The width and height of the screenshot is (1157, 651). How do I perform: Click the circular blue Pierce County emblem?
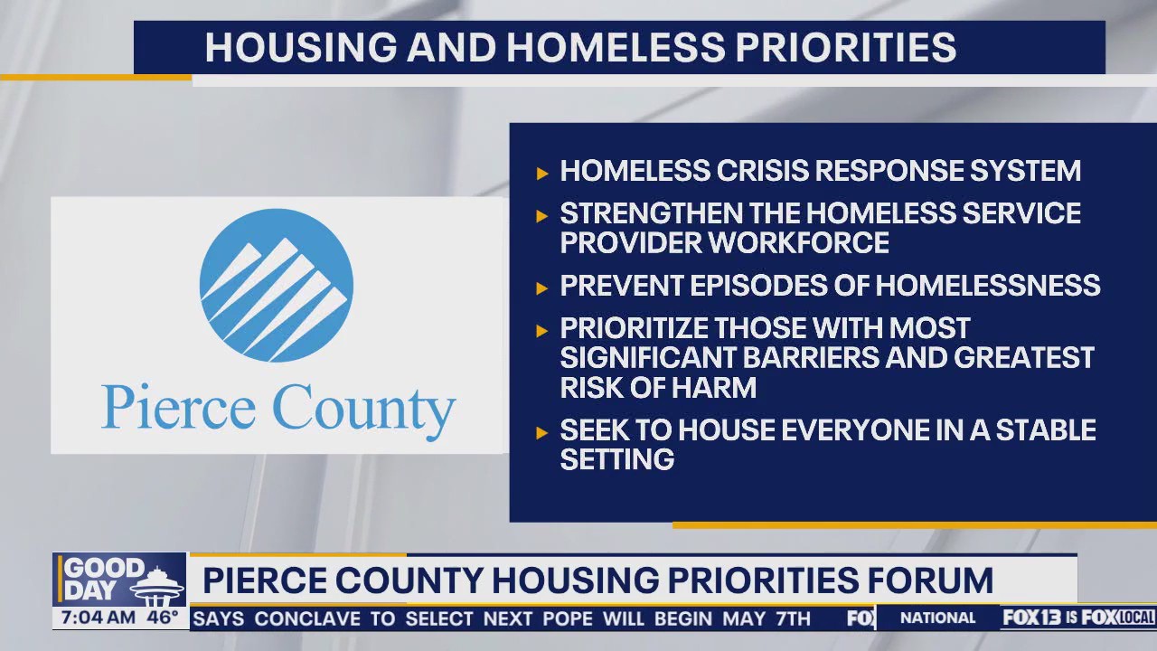point(276,285)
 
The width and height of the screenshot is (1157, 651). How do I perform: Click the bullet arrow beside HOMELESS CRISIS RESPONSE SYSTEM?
point(542,173)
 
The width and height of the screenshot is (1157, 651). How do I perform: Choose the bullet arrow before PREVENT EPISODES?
point(542,288)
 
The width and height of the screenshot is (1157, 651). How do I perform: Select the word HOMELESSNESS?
point(988,286)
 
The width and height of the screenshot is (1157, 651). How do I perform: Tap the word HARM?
point(714,387)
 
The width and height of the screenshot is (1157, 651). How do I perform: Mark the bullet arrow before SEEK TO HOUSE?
point(542,432)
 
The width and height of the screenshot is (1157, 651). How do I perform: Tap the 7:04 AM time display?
point(97,618)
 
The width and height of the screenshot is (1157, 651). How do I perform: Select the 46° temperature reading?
point(163,618)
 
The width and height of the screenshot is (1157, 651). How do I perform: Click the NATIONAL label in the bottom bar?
point(938,618)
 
